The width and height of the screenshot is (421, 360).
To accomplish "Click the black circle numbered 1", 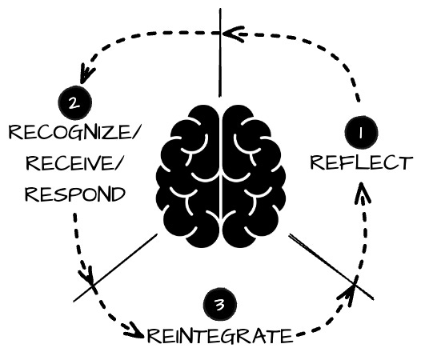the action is (361, 132).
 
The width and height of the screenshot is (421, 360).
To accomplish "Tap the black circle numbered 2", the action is (75, 102).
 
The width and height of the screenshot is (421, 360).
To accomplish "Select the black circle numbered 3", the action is (220, 305).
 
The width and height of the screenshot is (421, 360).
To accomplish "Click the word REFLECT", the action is (362, 162).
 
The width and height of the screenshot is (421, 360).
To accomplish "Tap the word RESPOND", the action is (75, 194).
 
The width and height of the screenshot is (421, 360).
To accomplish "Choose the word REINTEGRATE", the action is (219, 335).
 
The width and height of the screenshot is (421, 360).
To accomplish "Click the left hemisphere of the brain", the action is (188, 176).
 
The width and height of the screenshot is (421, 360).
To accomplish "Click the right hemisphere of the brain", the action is (253, 176).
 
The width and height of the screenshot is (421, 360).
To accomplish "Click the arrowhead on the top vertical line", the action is (233, 34).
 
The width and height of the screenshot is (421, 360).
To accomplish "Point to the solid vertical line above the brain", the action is (220, 52).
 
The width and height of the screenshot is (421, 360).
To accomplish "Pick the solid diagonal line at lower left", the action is (115, 268).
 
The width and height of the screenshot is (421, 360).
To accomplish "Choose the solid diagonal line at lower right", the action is (331, 266).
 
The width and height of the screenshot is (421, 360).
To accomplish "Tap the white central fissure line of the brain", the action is (220, 176).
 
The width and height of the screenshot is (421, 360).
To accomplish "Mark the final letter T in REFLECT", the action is (405, 162).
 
